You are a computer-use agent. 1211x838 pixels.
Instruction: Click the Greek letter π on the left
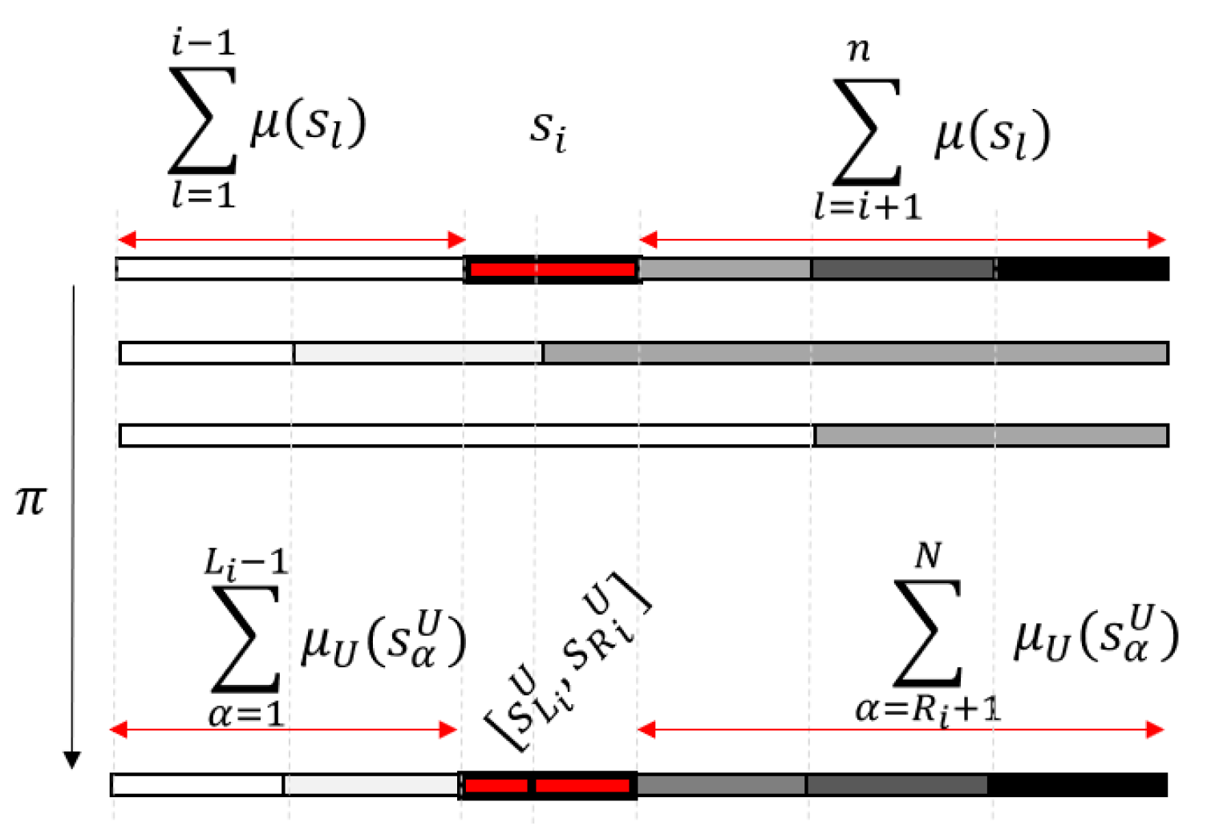(30, 501)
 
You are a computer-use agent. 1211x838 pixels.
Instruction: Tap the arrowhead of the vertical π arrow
(72, 759)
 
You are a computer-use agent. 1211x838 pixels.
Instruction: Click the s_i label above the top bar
(549, 130)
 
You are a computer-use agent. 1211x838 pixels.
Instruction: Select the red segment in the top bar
(552, 269)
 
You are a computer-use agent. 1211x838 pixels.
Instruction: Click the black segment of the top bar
(1083, 269)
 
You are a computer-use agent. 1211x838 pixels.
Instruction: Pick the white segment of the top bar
(290, 269)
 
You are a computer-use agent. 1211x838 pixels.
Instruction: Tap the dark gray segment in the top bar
(903, 269)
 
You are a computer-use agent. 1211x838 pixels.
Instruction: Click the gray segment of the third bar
(990, 435)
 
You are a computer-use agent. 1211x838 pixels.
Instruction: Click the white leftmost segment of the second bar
(207, 353)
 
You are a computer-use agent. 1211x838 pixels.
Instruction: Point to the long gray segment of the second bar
(855, 353)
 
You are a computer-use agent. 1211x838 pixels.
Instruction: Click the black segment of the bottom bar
(1077, 785)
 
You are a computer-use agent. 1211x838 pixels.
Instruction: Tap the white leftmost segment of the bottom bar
(197, 785)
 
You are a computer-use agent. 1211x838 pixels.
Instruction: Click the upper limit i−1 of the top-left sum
(203, 42)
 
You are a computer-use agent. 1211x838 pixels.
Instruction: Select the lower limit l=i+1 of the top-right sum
(868, 208)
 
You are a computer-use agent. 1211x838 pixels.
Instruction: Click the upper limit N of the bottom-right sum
(928, 555)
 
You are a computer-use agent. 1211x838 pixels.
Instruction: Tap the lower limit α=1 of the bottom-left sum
(245, 714)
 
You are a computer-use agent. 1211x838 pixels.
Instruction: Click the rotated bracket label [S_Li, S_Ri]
(566, 662)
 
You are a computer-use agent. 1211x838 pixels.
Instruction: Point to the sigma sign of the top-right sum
(868, 132)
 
